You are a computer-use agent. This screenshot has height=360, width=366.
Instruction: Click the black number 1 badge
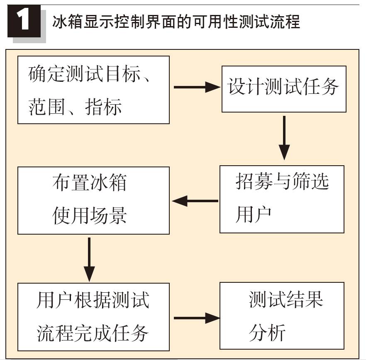(24, 21)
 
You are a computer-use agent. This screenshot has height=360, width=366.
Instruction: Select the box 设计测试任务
(284, 89)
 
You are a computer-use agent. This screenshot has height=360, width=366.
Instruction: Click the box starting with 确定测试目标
(94, 90)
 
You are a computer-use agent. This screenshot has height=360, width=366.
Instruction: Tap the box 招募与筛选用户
(282, 199)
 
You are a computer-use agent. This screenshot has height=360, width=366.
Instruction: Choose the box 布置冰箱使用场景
(94, 201)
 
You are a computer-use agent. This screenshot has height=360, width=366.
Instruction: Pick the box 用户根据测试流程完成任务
(94, 317)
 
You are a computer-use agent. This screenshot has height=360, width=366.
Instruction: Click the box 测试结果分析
(282, 316)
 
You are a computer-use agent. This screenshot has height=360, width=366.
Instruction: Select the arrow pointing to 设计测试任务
(197, 87)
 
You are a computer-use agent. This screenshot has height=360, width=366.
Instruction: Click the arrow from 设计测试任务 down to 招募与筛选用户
(284, 138)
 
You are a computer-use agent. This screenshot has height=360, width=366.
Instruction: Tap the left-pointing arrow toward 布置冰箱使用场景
(195, 201)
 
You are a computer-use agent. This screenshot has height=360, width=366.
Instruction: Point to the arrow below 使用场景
(89, 260)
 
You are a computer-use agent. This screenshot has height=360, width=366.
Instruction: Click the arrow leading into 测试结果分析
(197, 318)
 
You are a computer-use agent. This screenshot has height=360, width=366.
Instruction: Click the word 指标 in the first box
(103, 107)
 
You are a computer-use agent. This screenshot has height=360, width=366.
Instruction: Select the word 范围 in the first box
(46, 107)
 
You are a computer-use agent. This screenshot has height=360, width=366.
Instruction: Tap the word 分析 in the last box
(267, 333)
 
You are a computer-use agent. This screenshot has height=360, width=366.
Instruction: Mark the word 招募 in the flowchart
(254, 181)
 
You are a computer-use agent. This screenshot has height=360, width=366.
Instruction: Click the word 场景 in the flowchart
(108, 216)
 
